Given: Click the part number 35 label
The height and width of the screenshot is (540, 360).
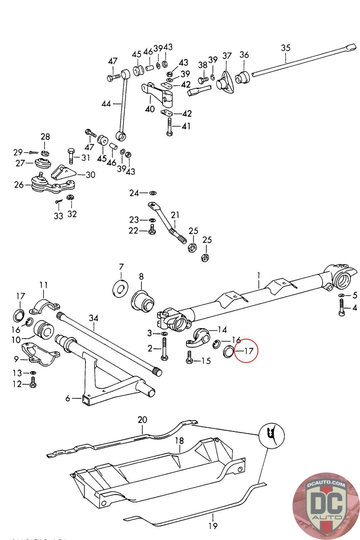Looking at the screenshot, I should pyautogui.click(x=285, y=48).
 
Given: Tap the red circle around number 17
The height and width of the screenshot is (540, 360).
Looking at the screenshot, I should pyautogui.click(x=246, y=351).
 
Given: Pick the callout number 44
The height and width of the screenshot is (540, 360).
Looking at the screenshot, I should pyautogui.click(x=106, y=104).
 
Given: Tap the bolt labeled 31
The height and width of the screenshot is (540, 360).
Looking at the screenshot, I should pyautogui.click(x=71, y=156).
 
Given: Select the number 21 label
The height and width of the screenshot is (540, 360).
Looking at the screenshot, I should pyautogui.click(x=175, y=215).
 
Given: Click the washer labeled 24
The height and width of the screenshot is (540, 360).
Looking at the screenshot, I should pyautogui.click(x=153, y=193).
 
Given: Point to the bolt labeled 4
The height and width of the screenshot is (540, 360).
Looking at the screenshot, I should pyautogui.click(x=341, y=308).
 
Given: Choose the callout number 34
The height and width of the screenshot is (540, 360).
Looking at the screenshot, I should pyautogui.click(x=94, y=318).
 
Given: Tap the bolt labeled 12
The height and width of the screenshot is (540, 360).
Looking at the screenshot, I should pyautogui.click(x=33, y=383).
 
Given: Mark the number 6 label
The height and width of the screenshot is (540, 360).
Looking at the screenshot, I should pyautogui.click(x=68, y=399).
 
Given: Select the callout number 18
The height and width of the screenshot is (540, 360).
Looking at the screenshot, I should pyautogui.click(x=179, y=441).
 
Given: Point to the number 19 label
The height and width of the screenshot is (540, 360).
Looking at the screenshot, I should pyautogui.click(x=213, y=525).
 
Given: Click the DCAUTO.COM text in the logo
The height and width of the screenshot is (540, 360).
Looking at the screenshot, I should pyautogui.click(x=326, y=485).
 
